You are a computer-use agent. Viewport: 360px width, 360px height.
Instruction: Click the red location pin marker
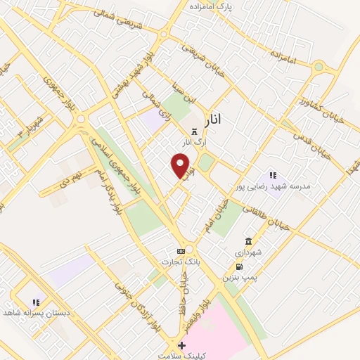click(181, 165)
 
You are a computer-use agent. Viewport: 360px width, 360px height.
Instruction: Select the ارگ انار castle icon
click(194, 131)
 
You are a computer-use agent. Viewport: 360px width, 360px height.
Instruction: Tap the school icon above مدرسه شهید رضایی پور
click(273, 175)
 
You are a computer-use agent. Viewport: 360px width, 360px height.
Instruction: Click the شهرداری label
click(248, 252)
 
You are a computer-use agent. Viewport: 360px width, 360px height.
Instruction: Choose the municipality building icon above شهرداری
click(248, 241)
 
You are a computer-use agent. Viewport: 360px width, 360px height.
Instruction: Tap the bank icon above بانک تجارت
click(181, 250)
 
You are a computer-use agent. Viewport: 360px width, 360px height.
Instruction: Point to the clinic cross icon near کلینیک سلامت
click(181, 345)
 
